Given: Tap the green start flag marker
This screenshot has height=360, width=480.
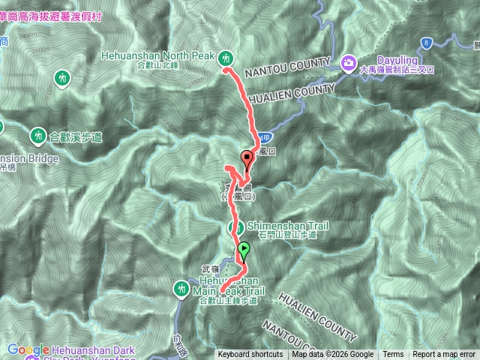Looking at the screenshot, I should point(243,250).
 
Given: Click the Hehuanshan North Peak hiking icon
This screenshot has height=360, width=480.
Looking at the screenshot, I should point(226,57).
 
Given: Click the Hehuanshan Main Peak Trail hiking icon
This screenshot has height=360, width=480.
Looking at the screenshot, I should point(181,287).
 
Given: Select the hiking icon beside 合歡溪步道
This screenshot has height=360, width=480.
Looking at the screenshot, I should point(37,136).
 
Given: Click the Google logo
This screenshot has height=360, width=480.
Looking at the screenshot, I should point(28,349).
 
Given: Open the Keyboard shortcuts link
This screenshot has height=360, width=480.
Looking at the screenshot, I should point(250,355).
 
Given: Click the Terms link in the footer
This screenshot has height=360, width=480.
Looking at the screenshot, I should point(393,355).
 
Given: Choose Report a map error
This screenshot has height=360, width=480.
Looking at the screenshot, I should point(444,355).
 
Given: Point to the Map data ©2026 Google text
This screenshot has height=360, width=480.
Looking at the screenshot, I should point(333,355).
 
